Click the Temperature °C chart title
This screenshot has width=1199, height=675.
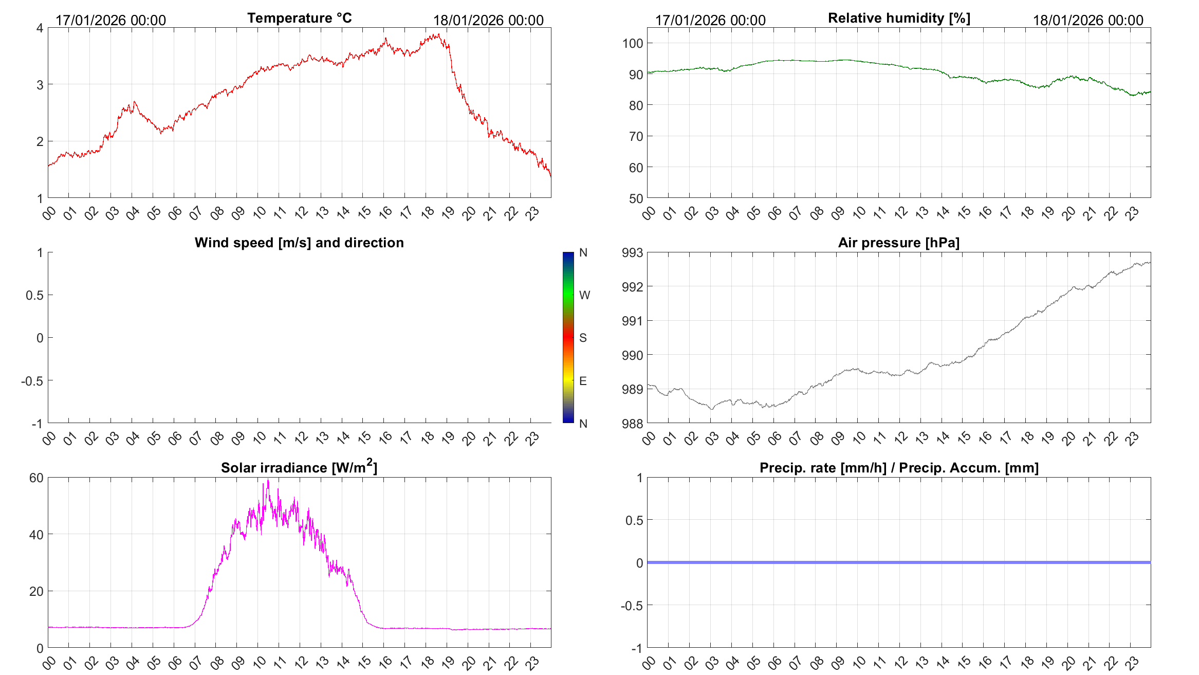click(300, 18)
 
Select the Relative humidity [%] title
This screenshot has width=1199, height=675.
click(899, 18)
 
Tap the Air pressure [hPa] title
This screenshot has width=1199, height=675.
click(898, 243)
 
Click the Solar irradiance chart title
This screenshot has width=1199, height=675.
click(299, 467)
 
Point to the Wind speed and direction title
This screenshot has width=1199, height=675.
click(299, 243)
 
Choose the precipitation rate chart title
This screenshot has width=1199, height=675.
click(899, 468)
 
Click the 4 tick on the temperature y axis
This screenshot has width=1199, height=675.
click(40, 28)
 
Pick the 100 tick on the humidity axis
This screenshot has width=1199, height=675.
click(633, 44)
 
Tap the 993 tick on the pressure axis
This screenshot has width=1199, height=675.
click(633, 253)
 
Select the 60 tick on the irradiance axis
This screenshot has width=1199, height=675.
click(36, 478)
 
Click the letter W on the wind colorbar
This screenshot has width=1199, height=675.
click(584, 295)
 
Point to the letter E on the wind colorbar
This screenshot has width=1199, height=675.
click(583, 381)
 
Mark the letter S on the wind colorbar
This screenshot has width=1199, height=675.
click(583, 338)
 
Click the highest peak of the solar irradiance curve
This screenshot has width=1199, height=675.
click(268, 481)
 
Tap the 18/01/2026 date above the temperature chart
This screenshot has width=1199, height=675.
click(488, 21)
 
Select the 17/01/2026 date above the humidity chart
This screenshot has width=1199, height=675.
click(710, 21)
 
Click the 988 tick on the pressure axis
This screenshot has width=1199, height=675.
click(633, 424)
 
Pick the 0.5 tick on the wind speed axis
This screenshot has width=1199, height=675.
click(34, 295)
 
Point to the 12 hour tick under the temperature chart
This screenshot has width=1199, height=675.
click(301, 212)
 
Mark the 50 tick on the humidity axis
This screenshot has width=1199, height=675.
click(636, 198)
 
